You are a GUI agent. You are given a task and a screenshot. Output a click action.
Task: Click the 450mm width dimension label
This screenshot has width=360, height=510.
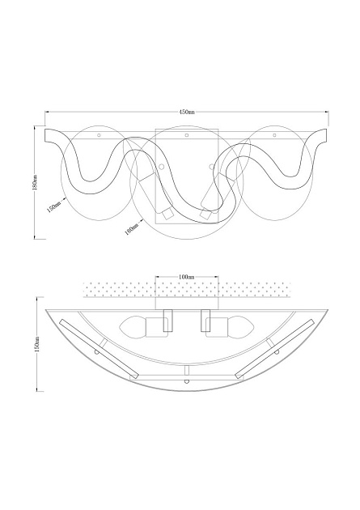pyautogui.click(x=187, y=112)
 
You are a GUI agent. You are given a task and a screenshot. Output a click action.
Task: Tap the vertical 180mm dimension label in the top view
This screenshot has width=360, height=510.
pyautogui.click(x=36, y=182)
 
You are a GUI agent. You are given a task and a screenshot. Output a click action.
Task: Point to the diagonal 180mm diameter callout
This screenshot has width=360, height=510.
pyautogui.click(x=131, y=228)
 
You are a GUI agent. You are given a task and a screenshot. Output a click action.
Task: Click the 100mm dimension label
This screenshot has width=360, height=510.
pyautogui.click(x=187, y=277)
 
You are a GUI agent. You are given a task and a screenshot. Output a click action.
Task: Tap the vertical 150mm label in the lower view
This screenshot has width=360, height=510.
pyautogui.click(x=37, y=344)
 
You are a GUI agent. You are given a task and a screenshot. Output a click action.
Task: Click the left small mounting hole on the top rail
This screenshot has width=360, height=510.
pyautogui.click(x=99, y=135)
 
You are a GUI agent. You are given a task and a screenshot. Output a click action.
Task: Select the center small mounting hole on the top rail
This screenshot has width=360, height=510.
pyautogui.click(x=186, y=135)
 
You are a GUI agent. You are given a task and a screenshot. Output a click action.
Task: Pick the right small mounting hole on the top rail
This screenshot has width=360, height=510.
pyautogui.click(x=274, y=135)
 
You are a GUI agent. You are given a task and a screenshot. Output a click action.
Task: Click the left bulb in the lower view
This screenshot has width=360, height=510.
pyautogui.click(x=133, y=327)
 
